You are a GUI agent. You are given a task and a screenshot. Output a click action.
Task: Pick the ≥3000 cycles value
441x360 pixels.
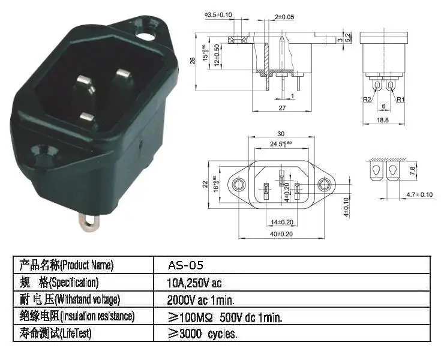click(203, 334)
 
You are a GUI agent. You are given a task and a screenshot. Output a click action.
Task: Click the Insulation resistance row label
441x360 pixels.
click(76, 316)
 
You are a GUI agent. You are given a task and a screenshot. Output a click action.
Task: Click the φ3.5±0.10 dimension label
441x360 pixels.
click(219, 14)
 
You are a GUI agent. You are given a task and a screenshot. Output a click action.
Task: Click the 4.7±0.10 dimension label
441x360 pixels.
click(419, 194)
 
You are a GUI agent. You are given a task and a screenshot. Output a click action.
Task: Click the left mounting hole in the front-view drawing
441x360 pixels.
click(240, 183)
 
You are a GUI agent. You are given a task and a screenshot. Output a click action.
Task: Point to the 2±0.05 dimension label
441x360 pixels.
click(284, 17)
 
